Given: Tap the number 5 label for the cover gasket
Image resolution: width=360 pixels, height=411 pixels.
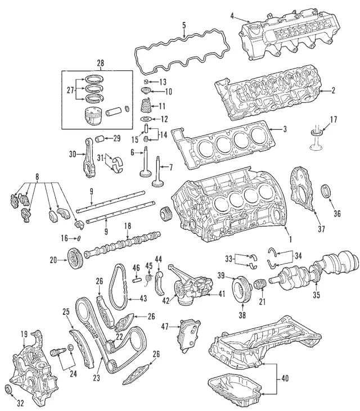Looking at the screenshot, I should (x=183, y=25).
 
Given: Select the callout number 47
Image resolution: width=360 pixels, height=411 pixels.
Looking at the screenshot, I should (x=165, y=326).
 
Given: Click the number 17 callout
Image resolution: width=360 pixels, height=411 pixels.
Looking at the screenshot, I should (x=333, y=119).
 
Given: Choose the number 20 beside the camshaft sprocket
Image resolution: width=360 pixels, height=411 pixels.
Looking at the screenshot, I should (x=53, y=260).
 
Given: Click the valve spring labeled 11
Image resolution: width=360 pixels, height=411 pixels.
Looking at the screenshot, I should (x=146, y=105).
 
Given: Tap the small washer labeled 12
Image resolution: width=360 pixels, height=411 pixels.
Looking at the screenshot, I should (x=145, y=119).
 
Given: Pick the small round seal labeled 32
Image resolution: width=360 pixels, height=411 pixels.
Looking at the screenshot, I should (x=7, y=390).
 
